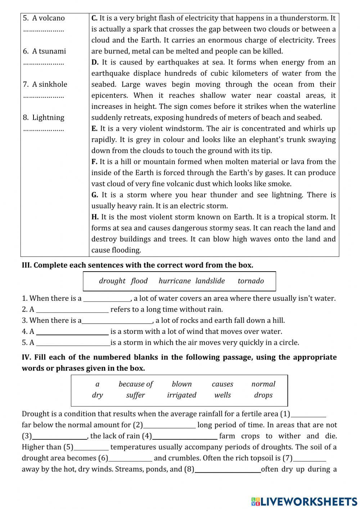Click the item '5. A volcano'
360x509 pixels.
(x=44, y=18)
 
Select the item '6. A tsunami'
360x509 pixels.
(x=45, y=51)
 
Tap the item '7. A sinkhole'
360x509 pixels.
(x=45, y=84)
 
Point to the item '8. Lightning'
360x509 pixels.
(x=44, y=117)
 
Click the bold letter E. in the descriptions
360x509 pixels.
(x=95, y=129)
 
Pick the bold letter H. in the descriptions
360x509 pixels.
(x=95, y=217)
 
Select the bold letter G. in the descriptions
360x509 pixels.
(x=95, y=195)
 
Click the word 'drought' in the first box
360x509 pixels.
(x=112, y=281)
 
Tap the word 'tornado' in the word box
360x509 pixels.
(x=251, y=281)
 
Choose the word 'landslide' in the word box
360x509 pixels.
(x=210, y=281)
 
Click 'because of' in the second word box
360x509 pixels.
(x=136, y=384)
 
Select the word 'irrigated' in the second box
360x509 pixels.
(x=181, y=395)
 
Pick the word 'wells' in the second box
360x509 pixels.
(x=222, y=395)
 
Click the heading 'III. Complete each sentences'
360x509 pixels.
(x=138, y=265)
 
